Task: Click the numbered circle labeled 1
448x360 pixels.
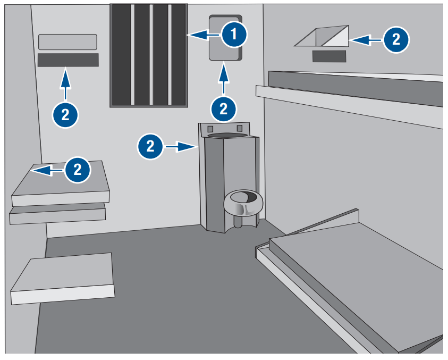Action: coord(234,36)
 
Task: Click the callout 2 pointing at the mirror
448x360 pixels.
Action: coord(224,108)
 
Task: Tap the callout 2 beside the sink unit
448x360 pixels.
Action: coord(150,146)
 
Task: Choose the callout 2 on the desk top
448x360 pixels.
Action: coord(78,170)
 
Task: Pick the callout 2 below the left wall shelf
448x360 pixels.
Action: coord(65,114)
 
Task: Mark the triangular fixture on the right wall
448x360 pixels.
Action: coord(323,37)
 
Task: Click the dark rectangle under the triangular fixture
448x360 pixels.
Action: coord(329,56)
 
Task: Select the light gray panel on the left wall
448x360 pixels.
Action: coord(68,42)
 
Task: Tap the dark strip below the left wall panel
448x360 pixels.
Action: coord(68,60)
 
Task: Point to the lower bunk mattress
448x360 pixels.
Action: coord(361,277)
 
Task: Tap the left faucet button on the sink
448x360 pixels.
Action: coord(210,129)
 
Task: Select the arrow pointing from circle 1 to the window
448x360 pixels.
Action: coord(204,36)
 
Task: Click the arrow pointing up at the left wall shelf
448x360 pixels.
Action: coord(65,85)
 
